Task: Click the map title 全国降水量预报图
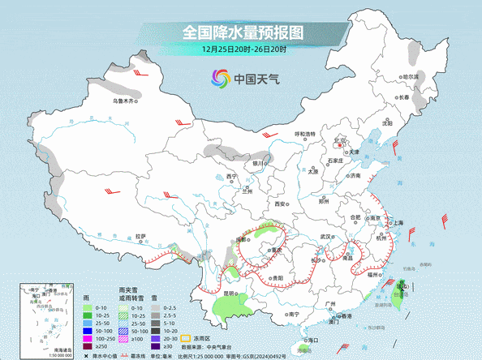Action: tap(241, 32)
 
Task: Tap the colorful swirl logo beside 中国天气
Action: tap(219, 79)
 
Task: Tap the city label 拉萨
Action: tap(141, 237)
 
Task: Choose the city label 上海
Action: tap(397, 223)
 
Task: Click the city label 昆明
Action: tap(230, 293)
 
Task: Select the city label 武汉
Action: tap(328, 237)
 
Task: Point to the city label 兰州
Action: tap(247, 192)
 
